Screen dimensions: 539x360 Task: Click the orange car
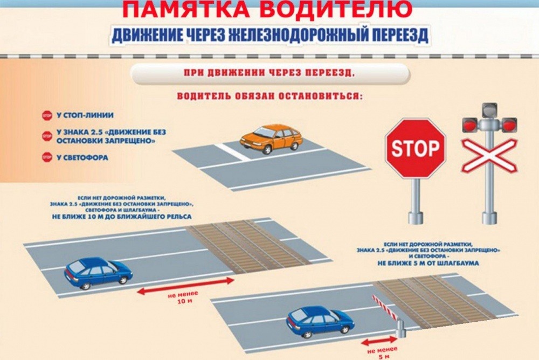[x=271, y=139]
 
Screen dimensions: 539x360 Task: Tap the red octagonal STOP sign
[x=415, y=148]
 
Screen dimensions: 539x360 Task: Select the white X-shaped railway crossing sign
[x=489, y=155]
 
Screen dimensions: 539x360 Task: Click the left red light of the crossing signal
[x=470, y=125]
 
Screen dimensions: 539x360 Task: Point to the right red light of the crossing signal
[x=509, y=125]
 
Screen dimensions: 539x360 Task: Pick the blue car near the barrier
[x=320, y=322]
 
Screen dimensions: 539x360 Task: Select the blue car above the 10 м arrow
[x=98, y=273]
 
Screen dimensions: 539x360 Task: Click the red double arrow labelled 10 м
[x=185, y=286]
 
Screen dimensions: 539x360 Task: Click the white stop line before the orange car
[x=232, y=152]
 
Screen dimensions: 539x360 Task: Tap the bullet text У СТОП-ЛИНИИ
[x=85, y=115]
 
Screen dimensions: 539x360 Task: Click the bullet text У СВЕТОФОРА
[x=82, y=158]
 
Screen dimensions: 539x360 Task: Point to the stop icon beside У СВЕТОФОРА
[x=47, y=157]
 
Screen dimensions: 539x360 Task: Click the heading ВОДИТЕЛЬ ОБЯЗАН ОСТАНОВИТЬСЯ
[x=270, y=96]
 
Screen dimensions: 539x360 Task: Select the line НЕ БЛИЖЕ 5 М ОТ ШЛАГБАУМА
[x=428, y=264]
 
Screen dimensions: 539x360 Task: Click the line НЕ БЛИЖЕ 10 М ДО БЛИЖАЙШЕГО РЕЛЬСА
[x=122, y=217]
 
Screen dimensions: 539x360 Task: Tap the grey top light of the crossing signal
[x=489, y=110]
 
